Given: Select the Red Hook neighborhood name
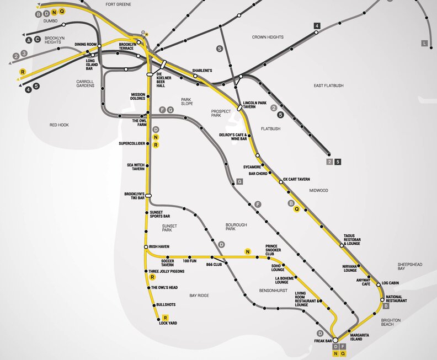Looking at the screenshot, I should [x=59, y=125].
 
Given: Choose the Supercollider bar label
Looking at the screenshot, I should [x=132, y=144].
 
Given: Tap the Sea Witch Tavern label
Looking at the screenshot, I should [x=136, y=166].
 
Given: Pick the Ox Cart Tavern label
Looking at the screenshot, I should [x=296, y=179].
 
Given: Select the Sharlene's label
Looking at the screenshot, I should [x=202, y=71].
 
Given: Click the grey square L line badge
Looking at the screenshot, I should [x=424, y=43].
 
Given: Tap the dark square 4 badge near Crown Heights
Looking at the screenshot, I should [x=317, y=26].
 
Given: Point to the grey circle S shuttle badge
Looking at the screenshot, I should [x=220, y=49].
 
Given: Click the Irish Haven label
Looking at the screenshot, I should [x=159, y=246].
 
